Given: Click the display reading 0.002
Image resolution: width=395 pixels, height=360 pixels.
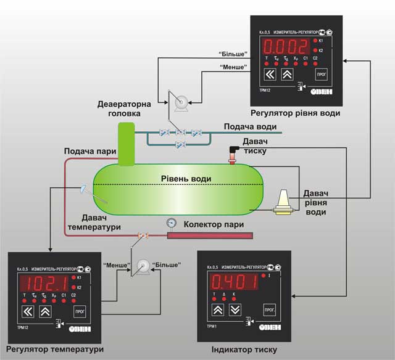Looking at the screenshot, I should [x=286, y=46].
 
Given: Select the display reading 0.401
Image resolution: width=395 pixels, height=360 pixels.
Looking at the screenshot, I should [x=234, y=282].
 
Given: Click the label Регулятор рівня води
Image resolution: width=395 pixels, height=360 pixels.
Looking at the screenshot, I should [x=295, y=113].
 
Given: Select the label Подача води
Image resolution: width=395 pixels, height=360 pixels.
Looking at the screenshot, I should [x=249, y=126].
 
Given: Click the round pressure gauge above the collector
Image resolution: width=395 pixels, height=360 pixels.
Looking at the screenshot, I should [x=171, y=223].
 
